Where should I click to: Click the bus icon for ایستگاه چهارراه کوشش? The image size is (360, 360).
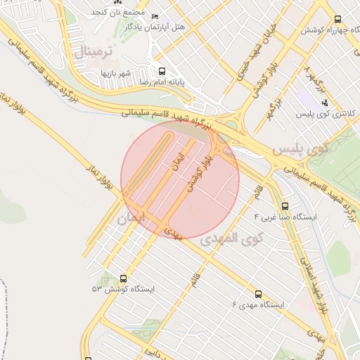(338, 20)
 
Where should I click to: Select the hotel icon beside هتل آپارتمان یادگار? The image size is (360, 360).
(155, 16)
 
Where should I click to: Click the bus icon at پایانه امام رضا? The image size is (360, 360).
(162, 71)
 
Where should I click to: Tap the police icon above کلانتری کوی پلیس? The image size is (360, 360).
(324, 103)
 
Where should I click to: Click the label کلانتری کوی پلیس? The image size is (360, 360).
(325, 113)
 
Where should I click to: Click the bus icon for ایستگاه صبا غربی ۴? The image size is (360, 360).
(285, 206)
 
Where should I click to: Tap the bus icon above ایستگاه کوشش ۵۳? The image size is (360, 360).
(124, 278)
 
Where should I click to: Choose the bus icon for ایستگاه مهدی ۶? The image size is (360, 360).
(257, 294)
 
